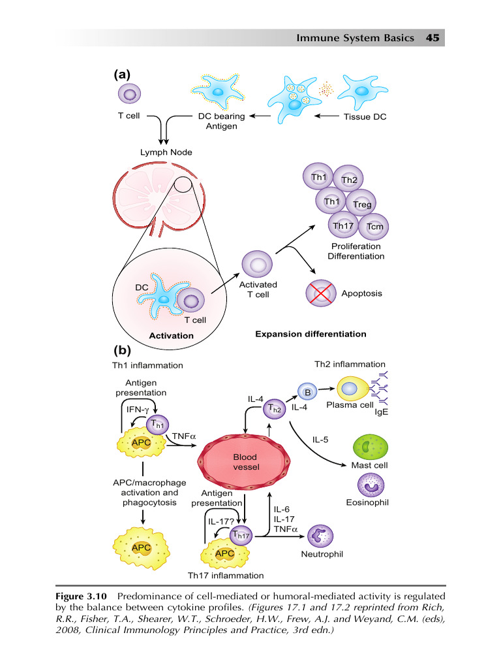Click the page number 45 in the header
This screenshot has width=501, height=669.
click(433, 38)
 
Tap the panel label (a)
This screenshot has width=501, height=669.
click(121, 74)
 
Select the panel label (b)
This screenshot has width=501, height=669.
click(121, 350)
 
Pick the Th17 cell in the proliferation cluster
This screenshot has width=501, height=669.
click(343, 226)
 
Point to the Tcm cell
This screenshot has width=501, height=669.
click(374, 227)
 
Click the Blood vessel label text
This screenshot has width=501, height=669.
click(246, 462)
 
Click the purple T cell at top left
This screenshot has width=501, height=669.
click(129, 95)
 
